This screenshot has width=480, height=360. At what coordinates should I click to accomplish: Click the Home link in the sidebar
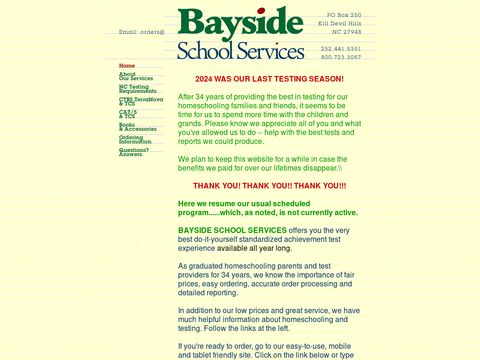[x=127, y=66]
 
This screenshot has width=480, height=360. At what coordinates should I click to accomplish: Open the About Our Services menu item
[x=135, y=76]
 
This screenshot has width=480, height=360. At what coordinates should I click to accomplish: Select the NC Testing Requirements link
[x=137, y=89]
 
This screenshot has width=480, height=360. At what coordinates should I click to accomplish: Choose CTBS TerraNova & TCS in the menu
[x=140, y=101]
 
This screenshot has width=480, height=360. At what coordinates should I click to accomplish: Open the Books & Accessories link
[x=138, y=127]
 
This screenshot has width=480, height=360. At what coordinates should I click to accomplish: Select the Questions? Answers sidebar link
[x=134, y=152]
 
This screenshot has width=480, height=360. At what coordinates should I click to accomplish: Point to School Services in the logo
[x=240, y=49]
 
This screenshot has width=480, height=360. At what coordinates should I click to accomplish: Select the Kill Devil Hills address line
[x=341, y=24]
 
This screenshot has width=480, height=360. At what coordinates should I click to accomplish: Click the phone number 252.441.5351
[x=341, y=48]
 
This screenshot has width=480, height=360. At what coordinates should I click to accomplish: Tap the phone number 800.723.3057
[x=341, y=56]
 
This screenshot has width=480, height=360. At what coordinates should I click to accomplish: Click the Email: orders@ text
[x=141, y=32]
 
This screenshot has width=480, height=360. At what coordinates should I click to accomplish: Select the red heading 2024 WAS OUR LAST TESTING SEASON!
[x=269, y=79]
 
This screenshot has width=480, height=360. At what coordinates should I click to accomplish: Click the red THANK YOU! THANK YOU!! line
[x=269, y=186]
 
